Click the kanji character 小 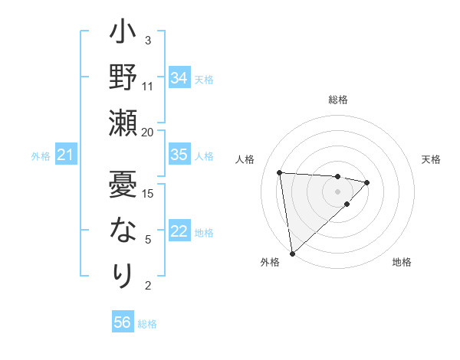click(123, 34)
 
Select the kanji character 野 click(123, 78)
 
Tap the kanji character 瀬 click(123, 123)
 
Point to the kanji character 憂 click(123, 184)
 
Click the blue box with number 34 click(179, 77)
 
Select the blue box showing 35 click(179, 155)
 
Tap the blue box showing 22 click(179, 231)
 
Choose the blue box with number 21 click(65, 155)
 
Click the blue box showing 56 click(122, 322)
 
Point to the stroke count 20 click(148, 132)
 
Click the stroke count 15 click(149, 193)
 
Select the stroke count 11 click(148, 86)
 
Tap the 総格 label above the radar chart click(338, 100)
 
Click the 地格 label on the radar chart click(402, 262)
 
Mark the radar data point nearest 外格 click(292, 253)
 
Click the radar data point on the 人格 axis click(280, 172)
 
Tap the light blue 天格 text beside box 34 click(204, 79)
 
